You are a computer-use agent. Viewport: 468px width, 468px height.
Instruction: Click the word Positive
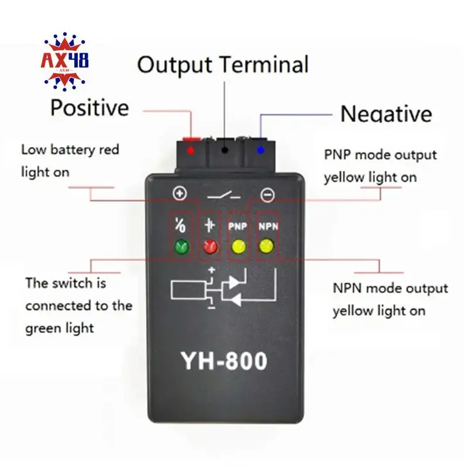(90, 108)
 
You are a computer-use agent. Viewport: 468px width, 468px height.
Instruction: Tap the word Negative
(386, 113)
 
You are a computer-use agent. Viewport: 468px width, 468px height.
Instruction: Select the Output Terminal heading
(223, 64)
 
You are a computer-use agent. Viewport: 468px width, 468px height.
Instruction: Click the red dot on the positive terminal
(190, 150)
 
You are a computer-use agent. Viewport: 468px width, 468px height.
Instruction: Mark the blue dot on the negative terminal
(260, 150)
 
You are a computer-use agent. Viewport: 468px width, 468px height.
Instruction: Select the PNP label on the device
(237, 224)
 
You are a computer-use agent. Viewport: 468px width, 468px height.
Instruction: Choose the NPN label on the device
(266, 224)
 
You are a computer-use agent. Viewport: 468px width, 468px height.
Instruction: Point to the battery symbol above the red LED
(209, 225)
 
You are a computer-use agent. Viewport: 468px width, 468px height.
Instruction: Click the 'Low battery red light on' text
(70, 161)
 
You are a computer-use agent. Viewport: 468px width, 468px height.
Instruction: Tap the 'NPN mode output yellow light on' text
(390, 300)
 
